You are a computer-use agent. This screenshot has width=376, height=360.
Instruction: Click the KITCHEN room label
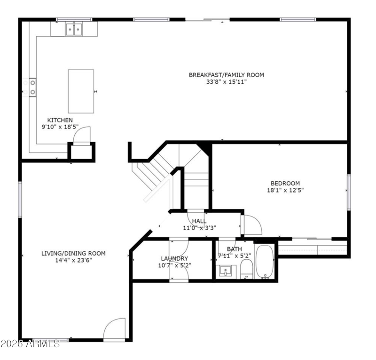60,120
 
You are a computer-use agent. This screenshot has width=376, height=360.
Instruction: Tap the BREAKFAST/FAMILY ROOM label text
227,75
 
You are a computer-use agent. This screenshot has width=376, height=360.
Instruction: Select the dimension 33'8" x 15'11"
227,82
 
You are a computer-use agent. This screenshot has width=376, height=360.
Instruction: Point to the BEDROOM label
285,184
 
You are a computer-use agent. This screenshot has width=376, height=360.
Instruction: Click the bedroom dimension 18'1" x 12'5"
285,191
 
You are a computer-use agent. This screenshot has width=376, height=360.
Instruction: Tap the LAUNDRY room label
174,259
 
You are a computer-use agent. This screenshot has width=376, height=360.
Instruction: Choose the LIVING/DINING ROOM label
74,253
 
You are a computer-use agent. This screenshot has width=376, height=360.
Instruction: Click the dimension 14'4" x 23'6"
74,260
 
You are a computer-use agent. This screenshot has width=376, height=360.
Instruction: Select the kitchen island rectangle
81,91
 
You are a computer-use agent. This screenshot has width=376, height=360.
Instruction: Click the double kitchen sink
74,29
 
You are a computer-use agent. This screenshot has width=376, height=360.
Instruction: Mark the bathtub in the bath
265,262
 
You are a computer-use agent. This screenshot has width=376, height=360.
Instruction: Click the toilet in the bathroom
246,269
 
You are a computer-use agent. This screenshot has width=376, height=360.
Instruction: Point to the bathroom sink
226,271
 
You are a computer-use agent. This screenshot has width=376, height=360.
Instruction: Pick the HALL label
199,221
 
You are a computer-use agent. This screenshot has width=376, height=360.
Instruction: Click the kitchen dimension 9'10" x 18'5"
60,127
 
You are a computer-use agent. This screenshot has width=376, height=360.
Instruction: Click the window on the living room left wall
20,200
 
